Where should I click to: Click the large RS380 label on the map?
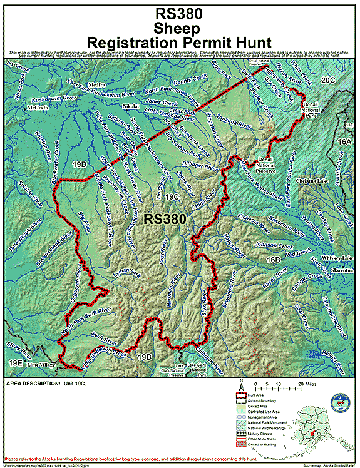(165, 219)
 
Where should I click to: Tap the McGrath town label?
(37, 108)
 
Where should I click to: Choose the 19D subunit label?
(79, 165)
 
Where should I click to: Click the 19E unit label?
(15, 363)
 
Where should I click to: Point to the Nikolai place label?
(130, 106)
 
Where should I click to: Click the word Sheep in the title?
(179, 28)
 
